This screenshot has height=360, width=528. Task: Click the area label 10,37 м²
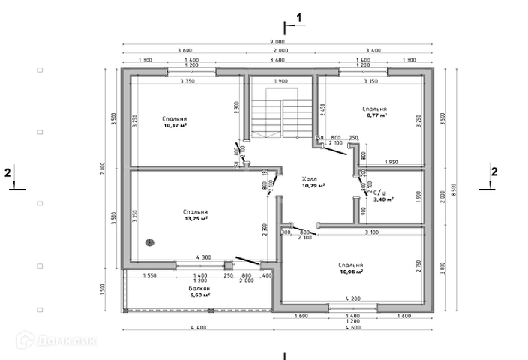click(174, 126)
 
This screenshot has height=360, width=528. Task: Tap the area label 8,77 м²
click(375, 115)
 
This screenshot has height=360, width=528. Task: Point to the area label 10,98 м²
click(351, 272)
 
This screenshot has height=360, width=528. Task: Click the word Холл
click(309, 179)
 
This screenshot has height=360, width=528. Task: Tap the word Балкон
click(199, 289)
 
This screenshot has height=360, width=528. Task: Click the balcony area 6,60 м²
click(199, 295)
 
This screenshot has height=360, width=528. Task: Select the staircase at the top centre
click(267, 118)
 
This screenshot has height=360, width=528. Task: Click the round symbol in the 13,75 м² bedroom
click(149, 241)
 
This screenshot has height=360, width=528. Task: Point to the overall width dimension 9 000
click(278, 42)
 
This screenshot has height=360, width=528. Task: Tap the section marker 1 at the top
click(299, 16)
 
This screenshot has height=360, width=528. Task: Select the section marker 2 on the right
click(493, 172)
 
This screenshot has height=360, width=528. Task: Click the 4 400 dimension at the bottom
click(198, 327)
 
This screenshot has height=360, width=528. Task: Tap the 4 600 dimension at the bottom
click(352, 327)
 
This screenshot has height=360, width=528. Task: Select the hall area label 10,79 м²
click(313, 186)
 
